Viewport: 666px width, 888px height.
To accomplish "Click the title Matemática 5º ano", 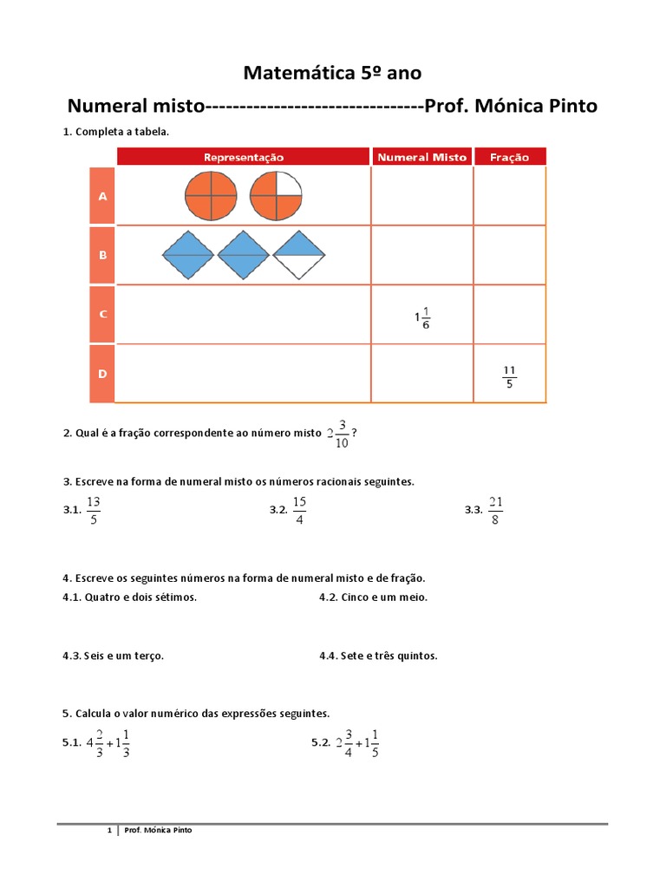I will pyautogui.click(x=333, y=72).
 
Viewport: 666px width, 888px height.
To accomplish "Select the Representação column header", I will pyautogui.click(x=244, y=157).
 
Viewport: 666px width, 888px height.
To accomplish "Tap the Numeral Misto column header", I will pyautogui.click(x=421, y=157).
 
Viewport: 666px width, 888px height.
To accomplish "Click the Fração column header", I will pyautogui.click(x=509, y=157).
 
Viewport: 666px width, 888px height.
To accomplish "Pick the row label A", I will pyautogui.click(x=102, y=196).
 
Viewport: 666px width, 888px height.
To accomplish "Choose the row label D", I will pyautogui.click(x=102, y=374).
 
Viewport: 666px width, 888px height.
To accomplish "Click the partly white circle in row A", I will pyautogui.click(x=276, y=195).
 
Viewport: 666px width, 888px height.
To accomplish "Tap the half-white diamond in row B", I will pyautogui.click(x=299, y=255).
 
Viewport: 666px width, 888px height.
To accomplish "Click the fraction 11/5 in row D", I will pyautogui.click(x=509, y=375).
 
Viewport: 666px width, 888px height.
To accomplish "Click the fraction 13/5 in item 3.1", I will pyautogui.click(x=94, y=511).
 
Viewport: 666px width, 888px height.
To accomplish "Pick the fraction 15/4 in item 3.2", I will pyautogui.click(x=299, y=511).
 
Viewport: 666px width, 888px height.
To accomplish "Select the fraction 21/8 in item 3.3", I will pyautogui.click(x=495, y=511).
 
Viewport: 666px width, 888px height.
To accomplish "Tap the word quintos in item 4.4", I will pyautogui.click(x=416, y=656).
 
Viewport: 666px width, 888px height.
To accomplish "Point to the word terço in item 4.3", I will pyautogui.click(x=148, y=656).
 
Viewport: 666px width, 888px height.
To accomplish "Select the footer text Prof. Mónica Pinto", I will pyautogui.click(x=159, y=830).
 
